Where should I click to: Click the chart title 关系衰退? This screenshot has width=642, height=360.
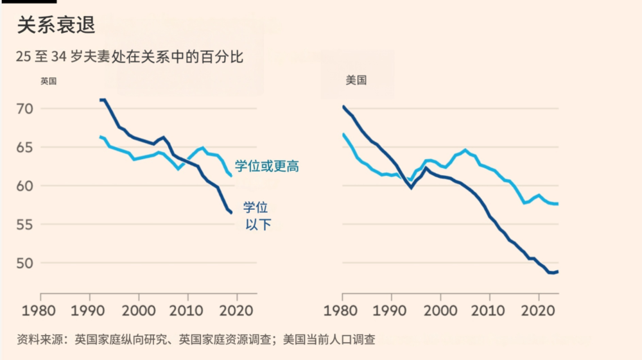(56, 25)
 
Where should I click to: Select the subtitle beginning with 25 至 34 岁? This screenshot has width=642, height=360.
(130, 56)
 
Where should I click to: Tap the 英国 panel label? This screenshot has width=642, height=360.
(49, 81)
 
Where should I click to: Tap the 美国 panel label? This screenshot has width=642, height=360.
(356, 80)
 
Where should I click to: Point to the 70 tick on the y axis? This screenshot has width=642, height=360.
(24, 108)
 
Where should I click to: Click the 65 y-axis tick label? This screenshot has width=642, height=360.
(24, 147)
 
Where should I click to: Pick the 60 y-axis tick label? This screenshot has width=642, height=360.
(24, 186)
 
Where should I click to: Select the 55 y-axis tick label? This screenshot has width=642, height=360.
(24, 225)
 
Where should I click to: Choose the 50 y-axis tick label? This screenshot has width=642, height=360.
(24, 263)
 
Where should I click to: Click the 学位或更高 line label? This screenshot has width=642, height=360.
(266, 166)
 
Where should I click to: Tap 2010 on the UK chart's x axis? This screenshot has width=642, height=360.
(188, 310)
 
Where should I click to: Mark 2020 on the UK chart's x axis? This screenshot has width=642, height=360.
(238, 310)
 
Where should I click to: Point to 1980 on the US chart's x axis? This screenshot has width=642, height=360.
(343, 310)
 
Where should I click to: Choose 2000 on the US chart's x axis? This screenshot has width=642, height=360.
(440, 310)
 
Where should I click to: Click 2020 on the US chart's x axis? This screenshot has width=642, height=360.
(539, 310)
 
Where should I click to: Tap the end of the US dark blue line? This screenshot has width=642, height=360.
(557, 271)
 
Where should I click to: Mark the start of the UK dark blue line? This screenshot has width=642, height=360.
(101, 99)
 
